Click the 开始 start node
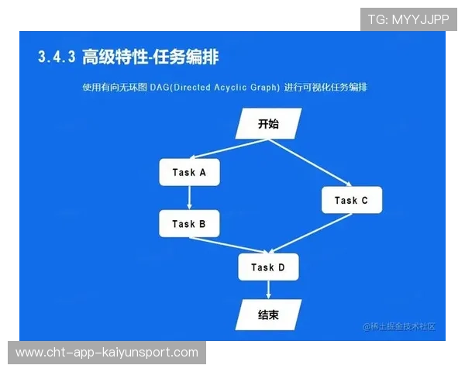click(x=268, y=123)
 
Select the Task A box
click(x=189, y=173)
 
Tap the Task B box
click(x=189, y=224)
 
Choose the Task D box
click(x=268, y=267)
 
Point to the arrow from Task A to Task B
click(x=189, y=198)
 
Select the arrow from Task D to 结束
click(x=268, y=290)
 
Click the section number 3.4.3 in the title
click(x=56, y=57)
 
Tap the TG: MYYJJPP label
click(x=408, y=19)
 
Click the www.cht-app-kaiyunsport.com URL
click(x=107, y=353)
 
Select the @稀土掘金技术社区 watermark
click(x=398, y=326)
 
